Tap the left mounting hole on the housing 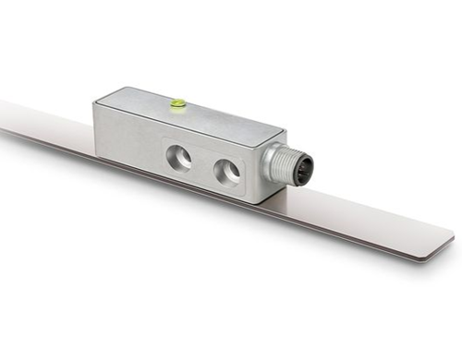179,158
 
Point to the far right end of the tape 452,243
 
